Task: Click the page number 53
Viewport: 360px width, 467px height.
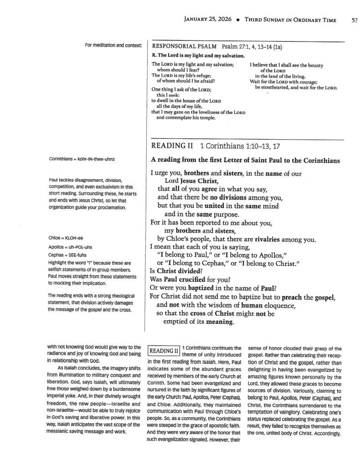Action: (355, 20)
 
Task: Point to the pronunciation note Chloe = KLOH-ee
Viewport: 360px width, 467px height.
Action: (65, 238)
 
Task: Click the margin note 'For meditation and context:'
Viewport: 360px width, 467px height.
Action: (113, 45)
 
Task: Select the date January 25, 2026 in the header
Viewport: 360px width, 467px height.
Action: (207, 20)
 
